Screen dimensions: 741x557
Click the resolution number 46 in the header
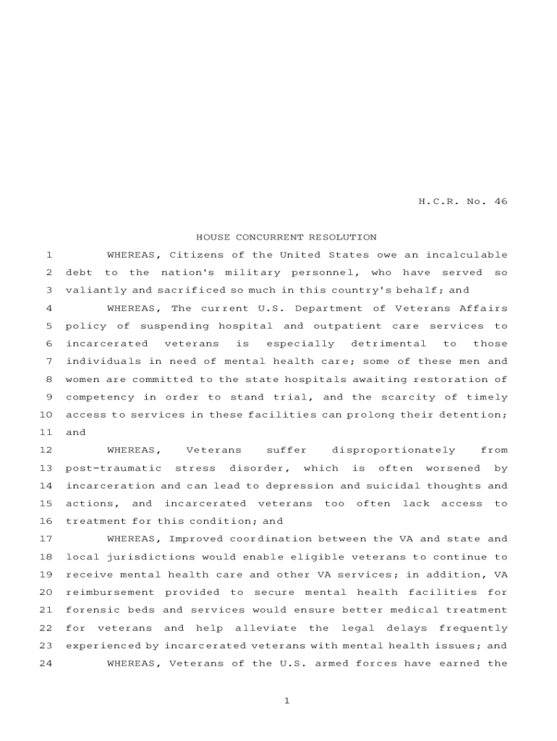pyautogui.click(x=501, y=202)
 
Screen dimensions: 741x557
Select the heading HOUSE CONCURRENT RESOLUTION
pyautogui.click(x=286, y=237)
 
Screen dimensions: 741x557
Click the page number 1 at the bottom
pyautogui.click(x=286, y=700)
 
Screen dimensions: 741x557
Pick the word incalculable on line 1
pyautogui.click(x=466, y=255)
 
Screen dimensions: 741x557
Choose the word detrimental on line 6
pyautogui.click(x=388, y=344)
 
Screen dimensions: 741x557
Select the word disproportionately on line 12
pyautogui.click(x=394, y=450)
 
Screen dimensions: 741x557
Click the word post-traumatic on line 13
pyautogui.click(x=113, y=468)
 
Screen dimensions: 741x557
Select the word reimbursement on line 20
pyautogui.click(x=107, y=593)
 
